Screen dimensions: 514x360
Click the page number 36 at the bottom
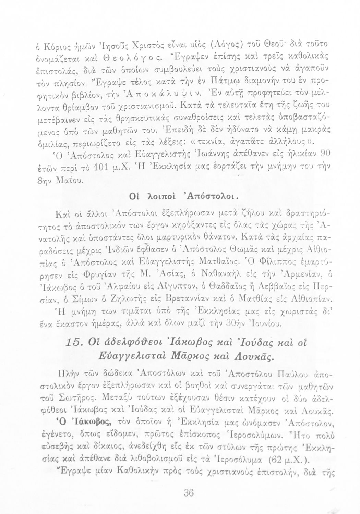click(189, 493)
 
